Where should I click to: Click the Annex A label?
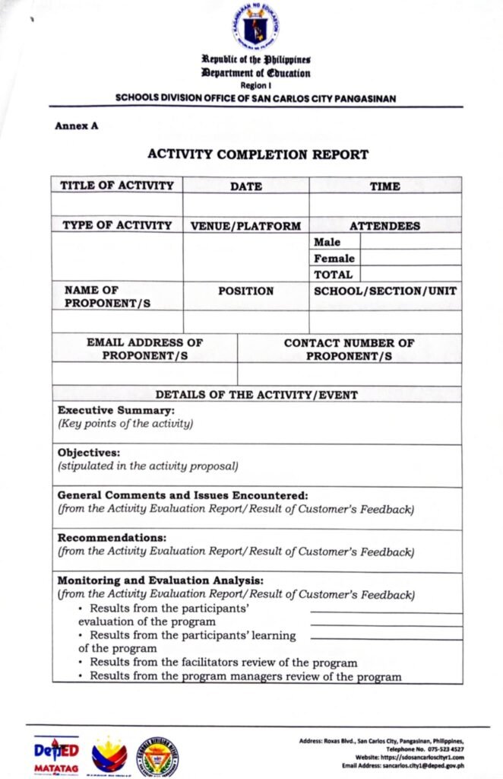point(76,126)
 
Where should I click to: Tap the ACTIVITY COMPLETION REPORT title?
point(258,154)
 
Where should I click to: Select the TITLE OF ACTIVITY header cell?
point(117,185)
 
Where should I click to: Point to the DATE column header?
point(245,186)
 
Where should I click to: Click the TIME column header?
point(384,186)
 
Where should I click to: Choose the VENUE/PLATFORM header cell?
point(245,226)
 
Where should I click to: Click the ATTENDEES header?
point(384,226)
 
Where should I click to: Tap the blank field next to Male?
point(410,242)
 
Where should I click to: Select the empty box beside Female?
point(410,258)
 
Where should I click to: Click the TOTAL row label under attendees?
point(334,275)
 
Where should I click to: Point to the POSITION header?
point(245,291)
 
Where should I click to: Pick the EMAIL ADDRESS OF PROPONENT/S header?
point(144,349)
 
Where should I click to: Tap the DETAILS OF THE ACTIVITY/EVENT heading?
point(257,395)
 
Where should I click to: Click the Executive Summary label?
point(116,411)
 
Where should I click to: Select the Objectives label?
point(89,451)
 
